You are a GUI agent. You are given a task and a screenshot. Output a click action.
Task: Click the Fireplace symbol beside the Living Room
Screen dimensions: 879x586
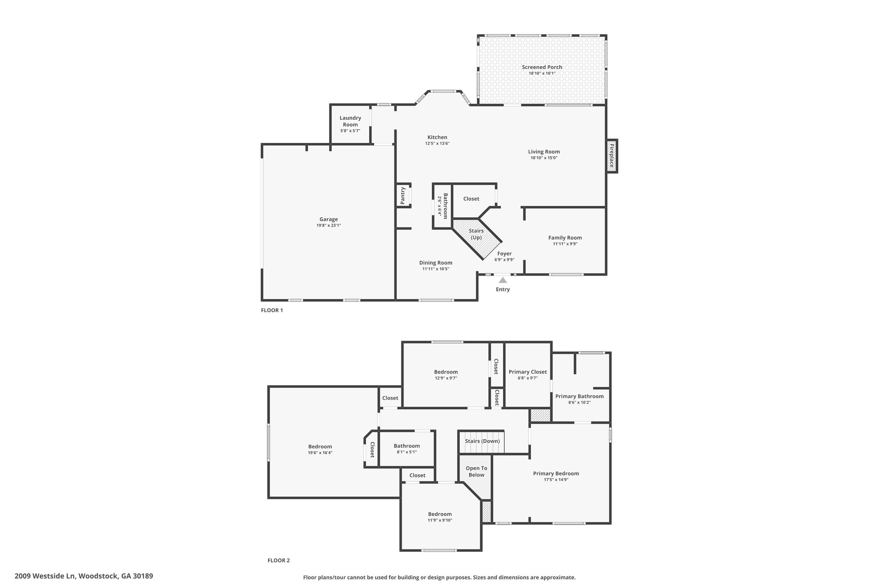[612, 156]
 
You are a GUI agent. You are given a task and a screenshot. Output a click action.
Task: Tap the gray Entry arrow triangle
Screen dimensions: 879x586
[503, 280]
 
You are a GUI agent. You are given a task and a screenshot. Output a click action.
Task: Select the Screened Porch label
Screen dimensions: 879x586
[542, 67]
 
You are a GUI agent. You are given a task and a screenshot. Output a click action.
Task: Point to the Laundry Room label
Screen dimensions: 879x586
[350, 121]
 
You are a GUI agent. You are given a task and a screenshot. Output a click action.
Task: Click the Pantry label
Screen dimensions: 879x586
[403, 195]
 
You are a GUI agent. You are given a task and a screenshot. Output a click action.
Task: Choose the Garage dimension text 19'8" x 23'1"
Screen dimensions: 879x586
[329, 225]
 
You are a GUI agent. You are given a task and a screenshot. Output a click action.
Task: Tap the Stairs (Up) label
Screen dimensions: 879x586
[476, 234]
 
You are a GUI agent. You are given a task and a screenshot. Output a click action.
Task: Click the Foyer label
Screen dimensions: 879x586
[504, 254]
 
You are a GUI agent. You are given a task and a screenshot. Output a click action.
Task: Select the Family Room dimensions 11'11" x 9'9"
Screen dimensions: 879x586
[565, 244]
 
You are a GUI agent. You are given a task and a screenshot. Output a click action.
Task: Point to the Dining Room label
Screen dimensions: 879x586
[436, 263]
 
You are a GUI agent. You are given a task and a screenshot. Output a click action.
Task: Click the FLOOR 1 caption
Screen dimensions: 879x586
[272, 310]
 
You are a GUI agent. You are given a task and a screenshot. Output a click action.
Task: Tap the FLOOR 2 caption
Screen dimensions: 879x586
[279, 560]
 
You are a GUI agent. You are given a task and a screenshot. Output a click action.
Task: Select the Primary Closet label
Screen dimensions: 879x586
[527, 372]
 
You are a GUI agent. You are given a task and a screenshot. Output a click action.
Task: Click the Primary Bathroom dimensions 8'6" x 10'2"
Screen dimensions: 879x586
[579, 402]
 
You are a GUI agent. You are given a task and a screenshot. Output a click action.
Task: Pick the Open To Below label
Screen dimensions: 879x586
[476, 471]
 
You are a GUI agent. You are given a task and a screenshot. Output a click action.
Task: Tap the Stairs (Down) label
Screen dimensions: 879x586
[482, 441]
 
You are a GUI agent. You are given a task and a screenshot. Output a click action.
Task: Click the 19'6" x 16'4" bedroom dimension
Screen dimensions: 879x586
[320, 452]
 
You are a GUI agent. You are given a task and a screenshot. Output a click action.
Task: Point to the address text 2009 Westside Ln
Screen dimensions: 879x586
[45, 576]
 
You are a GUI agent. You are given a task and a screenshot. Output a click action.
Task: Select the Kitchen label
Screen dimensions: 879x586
[437, 137]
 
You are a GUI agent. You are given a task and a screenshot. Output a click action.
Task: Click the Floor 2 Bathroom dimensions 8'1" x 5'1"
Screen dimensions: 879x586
[407, 452]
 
